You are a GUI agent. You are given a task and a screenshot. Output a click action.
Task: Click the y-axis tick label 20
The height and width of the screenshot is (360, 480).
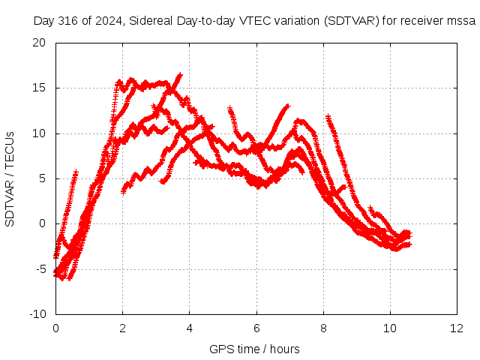click(x=39, y=43)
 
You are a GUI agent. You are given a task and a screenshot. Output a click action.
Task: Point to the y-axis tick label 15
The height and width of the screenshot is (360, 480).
click(x=39, y=88)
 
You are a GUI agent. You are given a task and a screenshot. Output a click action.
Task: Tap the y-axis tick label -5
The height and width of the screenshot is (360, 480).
click(x=40, y=269)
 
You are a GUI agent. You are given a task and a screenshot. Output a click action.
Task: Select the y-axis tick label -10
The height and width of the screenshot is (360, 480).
click(x=37, y=314)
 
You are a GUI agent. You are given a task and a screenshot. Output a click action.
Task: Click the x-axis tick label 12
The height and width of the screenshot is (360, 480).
click(x=457, y=328)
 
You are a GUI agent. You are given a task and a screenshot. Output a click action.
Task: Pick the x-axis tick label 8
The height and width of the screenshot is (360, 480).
click(x=323, y=328)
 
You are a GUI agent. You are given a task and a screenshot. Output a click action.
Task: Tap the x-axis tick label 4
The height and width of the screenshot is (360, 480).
click(x=190, y=328)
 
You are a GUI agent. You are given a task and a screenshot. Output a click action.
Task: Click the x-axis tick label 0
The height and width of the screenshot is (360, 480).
click(x=55, y=328)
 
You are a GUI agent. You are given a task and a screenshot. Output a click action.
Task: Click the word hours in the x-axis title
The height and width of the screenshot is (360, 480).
click(x=285, y=349)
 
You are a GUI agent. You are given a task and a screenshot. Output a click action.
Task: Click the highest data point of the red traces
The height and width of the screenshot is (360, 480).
click(x=181, y=74)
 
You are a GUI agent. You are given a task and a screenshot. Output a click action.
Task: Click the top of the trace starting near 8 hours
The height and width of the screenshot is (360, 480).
click(x=328, y=116)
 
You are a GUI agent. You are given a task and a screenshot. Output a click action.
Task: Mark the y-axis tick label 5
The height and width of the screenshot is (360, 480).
click(x=42, y=178)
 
